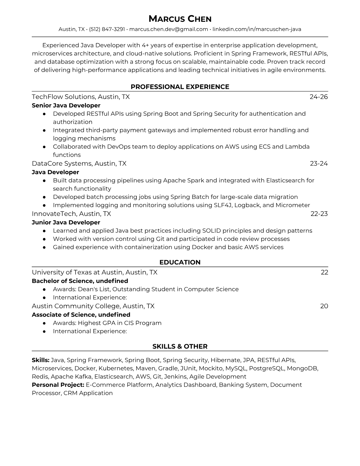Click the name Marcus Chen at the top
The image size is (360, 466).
click(x=180, y=19)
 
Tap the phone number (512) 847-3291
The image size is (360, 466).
click(x=107, y=29)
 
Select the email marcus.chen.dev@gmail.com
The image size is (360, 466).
click(x=169, y=29)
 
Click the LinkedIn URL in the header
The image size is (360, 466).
click(x=257, y=29)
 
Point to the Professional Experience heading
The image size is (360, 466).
click(x=180, y=87)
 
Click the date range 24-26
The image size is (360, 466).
click(x=319, y=97)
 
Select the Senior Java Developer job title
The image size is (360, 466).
click(x=66, y=105)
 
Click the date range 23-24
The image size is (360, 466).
click(x=319, y=164)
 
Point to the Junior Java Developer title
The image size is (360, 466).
click(x=66, y=222)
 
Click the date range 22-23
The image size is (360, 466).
click(x=319, y=214)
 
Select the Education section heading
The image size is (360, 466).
click(x=180, y=262)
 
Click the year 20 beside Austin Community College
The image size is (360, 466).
click(x=324, y=306)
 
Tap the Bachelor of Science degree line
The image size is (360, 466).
click(x=80, y=281)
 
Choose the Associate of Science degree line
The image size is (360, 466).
click(x=81, y=315)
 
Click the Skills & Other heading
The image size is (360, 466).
click(x=180, y=347)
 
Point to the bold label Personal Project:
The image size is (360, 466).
click(x=58, y=385)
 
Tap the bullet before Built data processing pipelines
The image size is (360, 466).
click(x=44, y=181)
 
